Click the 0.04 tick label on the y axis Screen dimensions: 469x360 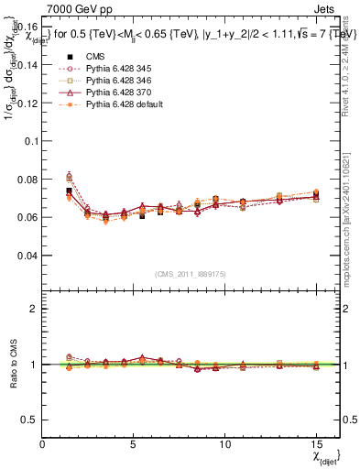coord(27,256)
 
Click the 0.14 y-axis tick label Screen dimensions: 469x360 coord(27,65)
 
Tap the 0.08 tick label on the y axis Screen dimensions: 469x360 coord(27,180)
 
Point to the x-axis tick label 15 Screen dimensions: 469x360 coord(316,444)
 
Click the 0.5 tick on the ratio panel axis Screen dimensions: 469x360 coord(30,420)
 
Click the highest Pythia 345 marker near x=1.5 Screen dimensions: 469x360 coord(70,176)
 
